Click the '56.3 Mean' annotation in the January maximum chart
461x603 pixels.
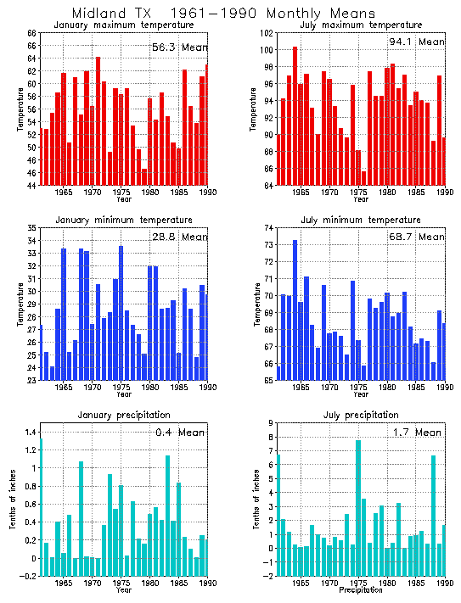click(x=179, y=47)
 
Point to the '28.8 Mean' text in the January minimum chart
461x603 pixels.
click(x=179, y=237)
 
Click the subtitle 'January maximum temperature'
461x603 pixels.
click(x=123, y=25)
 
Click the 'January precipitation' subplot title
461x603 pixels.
click(x=123, y=415)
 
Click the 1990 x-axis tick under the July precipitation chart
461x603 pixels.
click(x=442, y=583)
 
